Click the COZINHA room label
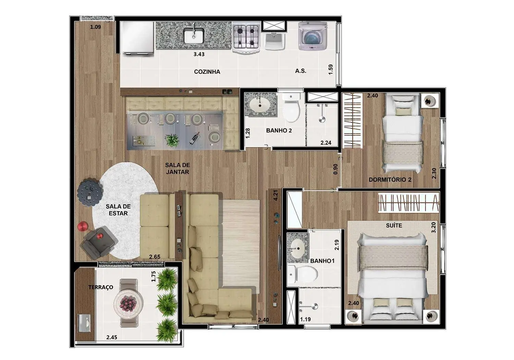click(x=207, y=72)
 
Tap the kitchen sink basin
click(x=194, y=35)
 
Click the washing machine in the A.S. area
click(x=313, y=36)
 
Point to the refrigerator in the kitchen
click(x=137, y=38)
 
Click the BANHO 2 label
click(x=279, y=131)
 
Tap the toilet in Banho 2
click(x=291, y=108)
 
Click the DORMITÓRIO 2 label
click(x=390, y=180)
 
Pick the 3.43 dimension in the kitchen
click(x=199, y=55)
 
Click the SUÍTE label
click(x=394, y=226)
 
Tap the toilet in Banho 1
click(x=303, y=274)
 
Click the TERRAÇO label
click(x=101, y=287)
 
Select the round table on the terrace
click(x=128, y=303)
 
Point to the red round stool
click(x=83, y=227)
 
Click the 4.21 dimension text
click(x=276, y=195)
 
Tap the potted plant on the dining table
click(x=172, y=140)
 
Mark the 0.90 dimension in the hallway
click(x=335, y=169)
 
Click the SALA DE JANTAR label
click(x=178, y=169)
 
